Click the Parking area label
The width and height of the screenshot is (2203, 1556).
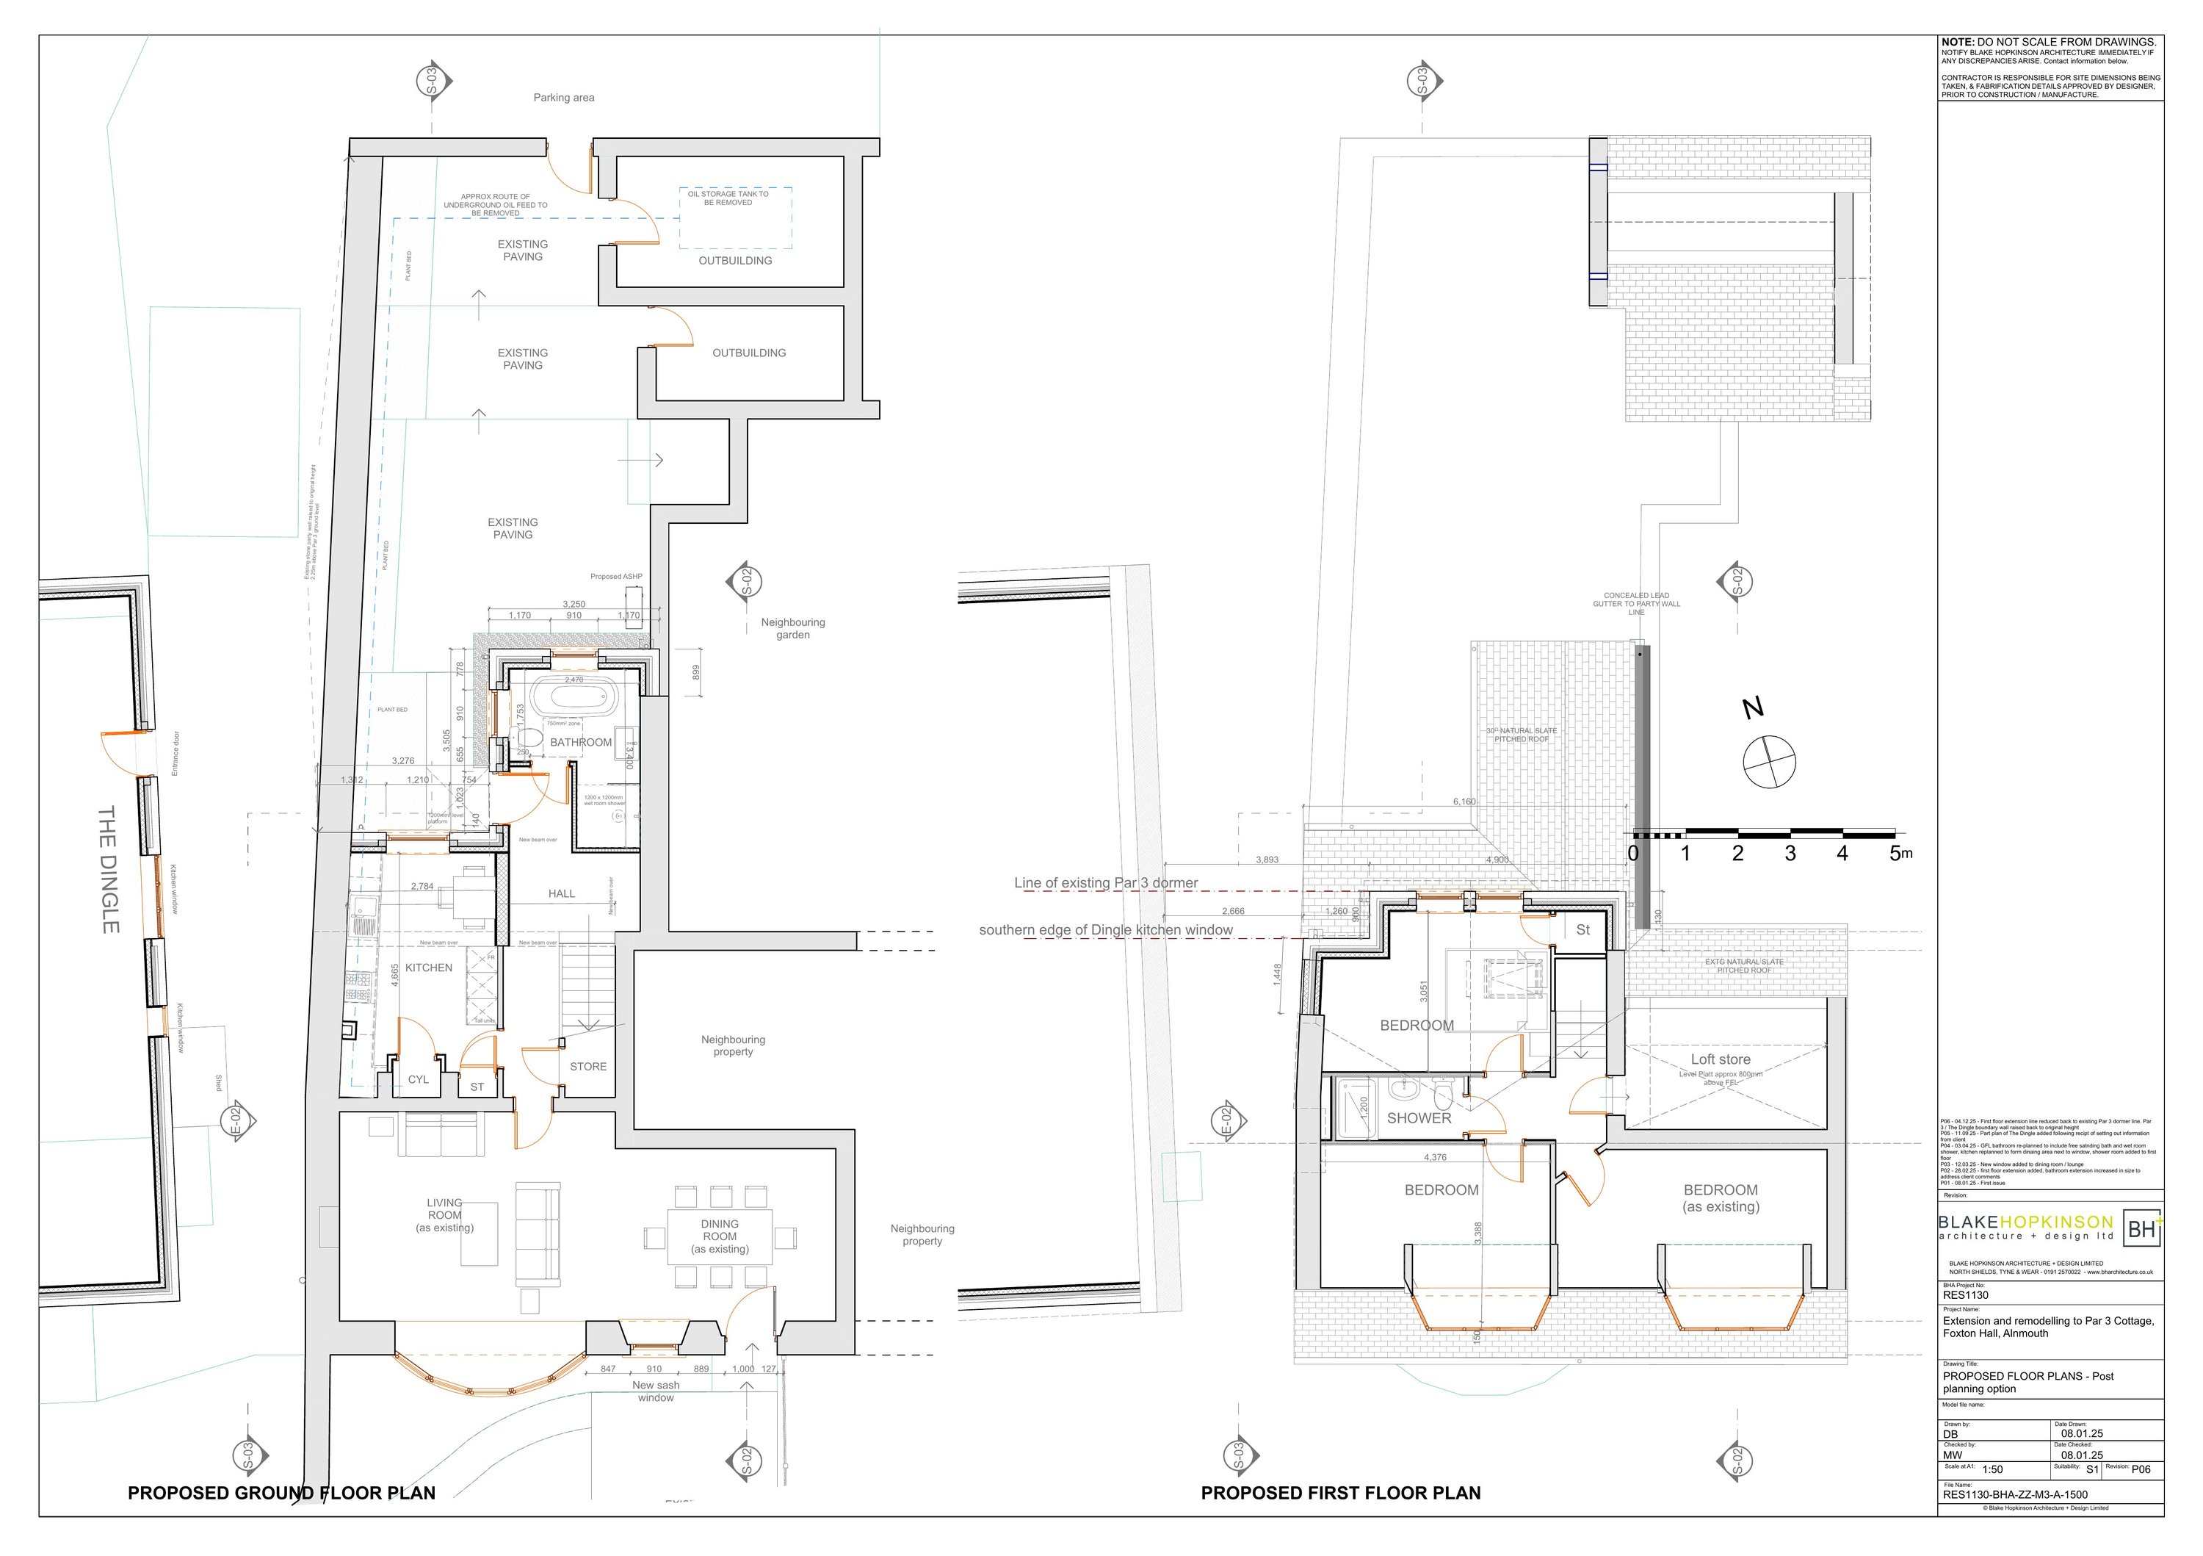point(563,98)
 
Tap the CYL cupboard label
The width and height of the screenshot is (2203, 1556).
point(419,1080)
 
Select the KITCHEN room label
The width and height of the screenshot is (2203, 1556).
point(428,968)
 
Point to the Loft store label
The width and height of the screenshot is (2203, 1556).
point(1721,1059)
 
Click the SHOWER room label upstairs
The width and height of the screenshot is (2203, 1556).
point(1418,1118)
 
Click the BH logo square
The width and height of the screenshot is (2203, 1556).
point(2141,1228)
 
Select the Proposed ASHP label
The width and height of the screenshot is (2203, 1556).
point(616,577)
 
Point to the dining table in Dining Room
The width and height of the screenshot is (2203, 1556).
point(720,1236)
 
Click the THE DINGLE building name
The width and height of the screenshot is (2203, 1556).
point(109,868)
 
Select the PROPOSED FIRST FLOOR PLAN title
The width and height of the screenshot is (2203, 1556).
point(1340,1493)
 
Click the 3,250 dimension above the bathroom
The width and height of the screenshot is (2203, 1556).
point(574,605)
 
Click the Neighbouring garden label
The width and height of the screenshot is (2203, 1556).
point(792,629)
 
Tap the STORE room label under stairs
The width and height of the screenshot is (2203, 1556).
point(588,1067)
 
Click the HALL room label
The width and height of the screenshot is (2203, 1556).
point(561,893)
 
